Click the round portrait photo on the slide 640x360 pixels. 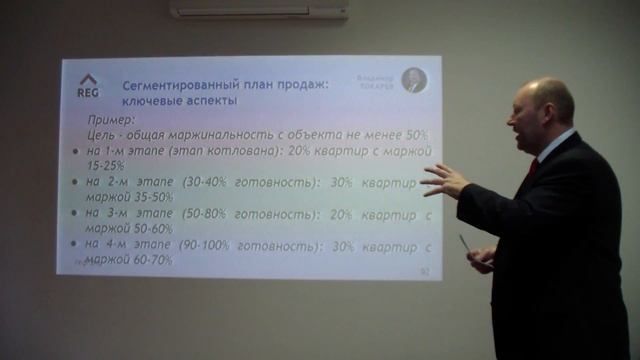tap(414, 81)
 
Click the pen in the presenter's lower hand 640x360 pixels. tap(465, 244)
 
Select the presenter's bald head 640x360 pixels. tap(545, 100)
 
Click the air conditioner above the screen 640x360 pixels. tap(259, 9)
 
